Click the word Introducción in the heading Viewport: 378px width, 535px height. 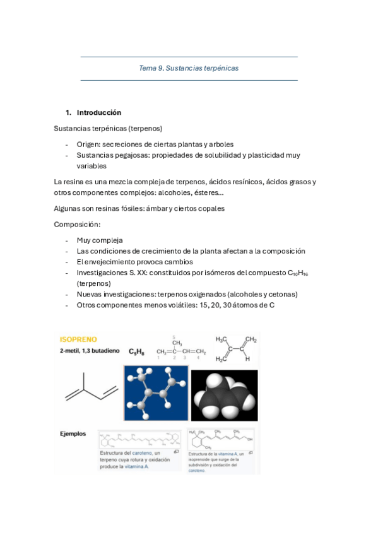pos(99,113)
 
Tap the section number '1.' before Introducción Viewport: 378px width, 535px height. pos(69,113)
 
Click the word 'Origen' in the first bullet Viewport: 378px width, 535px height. pos(88,144)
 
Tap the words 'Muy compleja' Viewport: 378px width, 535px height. pos(100,240)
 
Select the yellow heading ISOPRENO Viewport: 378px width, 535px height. pos(78,339)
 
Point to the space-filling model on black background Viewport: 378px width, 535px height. pos(223,394)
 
